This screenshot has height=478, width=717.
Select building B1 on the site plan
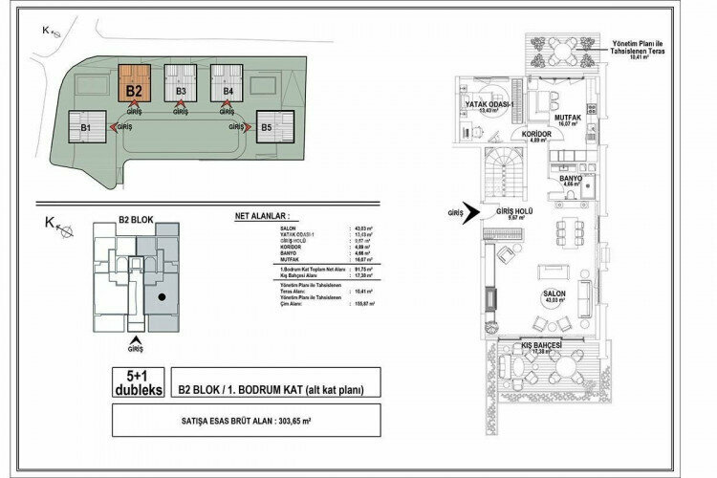point(85,125)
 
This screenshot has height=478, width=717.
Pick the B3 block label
point(180,92)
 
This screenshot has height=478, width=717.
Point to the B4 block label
point(228,92)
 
